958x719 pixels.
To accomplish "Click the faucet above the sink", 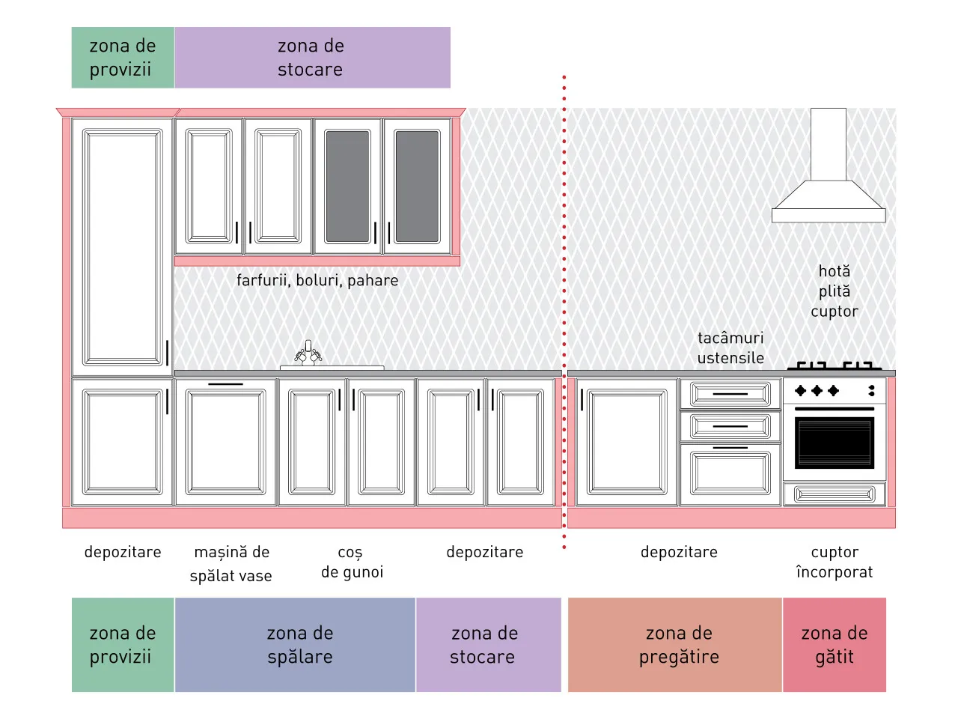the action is tap(308, 353).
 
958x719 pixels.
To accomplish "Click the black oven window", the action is tap(834, 443).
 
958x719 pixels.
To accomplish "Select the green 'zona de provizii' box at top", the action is tap(123, 58).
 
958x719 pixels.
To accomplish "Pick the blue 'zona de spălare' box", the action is tap(295, 645).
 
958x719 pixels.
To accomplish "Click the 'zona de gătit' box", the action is tap(834, 645).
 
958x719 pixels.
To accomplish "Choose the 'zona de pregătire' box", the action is tap(675, 645).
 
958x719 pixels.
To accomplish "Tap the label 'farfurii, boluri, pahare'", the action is tap(317, 280).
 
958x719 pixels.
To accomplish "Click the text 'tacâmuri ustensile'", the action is tap(730, 348).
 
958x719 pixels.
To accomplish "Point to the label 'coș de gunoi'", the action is tap(352, 562).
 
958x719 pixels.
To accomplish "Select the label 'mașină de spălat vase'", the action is tap(231, 563).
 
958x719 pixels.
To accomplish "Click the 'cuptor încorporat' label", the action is tap(834, 562).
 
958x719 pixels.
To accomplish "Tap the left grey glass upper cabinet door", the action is tap(348, 186).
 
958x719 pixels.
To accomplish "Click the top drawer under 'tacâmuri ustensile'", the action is tap(730, 394).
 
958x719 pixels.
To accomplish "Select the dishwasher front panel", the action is tap(225, 442).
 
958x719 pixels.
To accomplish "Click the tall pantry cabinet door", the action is tap(123, 247).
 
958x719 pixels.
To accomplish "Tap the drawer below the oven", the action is tap(834, 494).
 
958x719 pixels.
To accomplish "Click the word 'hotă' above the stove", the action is tap(834, 271).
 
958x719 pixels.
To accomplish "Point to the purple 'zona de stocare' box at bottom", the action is tap(489, 645).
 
